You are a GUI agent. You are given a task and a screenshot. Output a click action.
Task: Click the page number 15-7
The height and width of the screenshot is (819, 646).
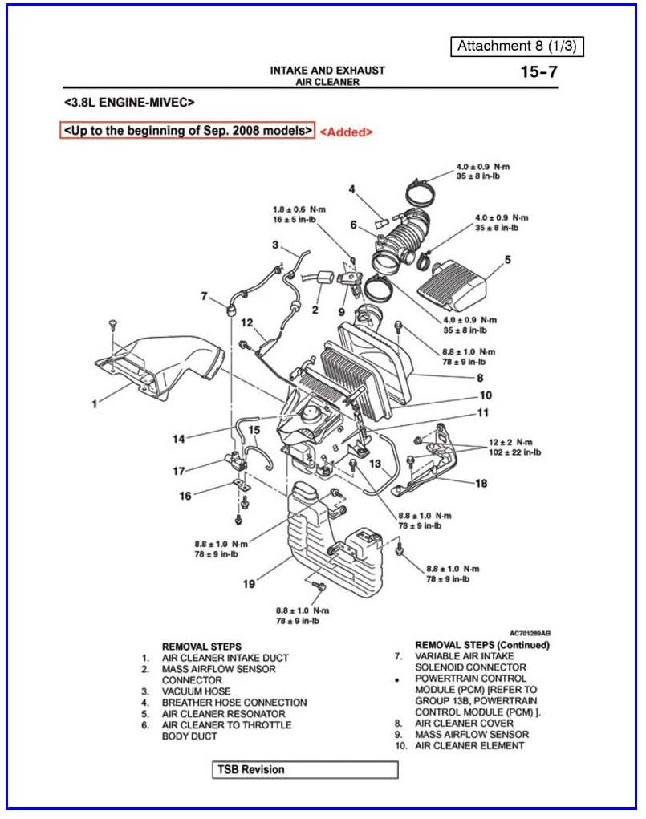[538, 72]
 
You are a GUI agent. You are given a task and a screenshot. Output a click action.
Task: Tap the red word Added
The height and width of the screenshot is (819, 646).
[346, 132]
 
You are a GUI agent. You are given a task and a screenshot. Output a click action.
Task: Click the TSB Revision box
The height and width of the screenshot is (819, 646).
[305, 770]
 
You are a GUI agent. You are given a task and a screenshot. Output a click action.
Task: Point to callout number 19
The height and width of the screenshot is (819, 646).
[250, 584]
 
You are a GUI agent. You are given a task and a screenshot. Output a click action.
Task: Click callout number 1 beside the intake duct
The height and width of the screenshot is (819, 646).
[94, 403]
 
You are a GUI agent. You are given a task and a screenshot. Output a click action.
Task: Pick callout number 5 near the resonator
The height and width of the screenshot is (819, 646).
[508, 260]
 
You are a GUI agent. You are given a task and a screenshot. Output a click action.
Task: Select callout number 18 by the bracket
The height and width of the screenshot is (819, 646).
[481, 483]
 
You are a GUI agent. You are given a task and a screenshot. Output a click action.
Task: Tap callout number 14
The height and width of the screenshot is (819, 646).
[180, 439]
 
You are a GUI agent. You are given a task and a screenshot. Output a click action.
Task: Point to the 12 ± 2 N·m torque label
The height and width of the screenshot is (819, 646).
[515, 442]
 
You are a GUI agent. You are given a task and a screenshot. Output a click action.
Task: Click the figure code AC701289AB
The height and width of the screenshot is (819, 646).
[530, 633]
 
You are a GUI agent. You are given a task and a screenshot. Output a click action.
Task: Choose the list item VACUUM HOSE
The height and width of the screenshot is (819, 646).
[196, 691]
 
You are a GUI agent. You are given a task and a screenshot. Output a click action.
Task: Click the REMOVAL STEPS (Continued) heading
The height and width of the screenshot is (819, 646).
[481, 645]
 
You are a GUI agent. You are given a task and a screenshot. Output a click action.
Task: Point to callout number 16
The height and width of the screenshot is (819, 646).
[185, 496]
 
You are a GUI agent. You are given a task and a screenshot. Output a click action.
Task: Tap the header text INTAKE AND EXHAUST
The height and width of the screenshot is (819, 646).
[327, 71]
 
